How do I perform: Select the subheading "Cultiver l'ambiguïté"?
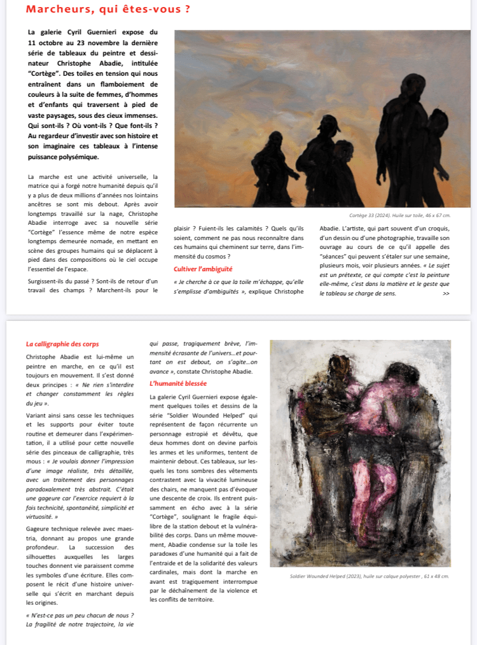point(203,269)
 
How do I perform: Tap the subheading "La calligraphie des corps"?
point(62,344)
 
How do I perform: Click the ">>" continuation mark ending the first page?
point(446,294)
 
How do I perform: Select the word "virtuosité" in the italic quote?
point(41,516)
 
